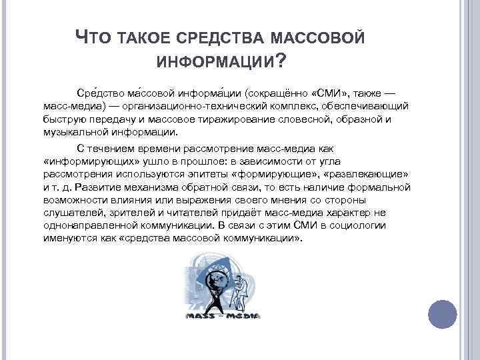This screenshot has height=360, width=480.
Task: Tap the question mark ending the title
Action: (281, 62)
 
